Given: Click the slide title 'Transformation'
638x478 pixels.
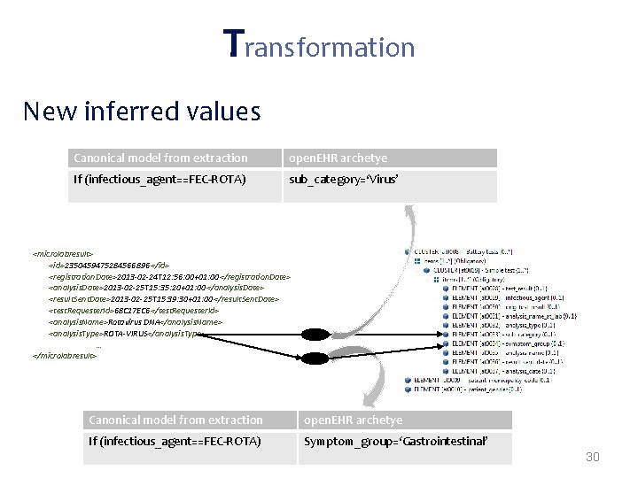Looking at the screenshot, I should coord(318,44).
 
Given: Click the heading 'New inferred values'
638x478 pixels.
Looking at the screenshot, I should coord(142,112).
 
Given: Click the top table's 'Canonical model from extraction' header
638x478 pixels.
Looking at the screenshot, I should coord(160,158).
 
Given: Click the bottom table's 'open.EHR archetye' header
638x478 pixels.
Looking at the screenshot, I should coord(353,420).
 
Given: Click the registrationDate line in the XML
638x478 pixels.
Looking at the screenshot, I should coord(169,276).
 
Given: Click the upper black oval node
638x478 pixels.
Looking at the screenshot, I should coord(314,334).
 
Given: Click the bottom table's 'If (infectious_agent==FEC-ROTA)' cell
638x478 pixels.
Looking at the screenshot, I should coord(175,441).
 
